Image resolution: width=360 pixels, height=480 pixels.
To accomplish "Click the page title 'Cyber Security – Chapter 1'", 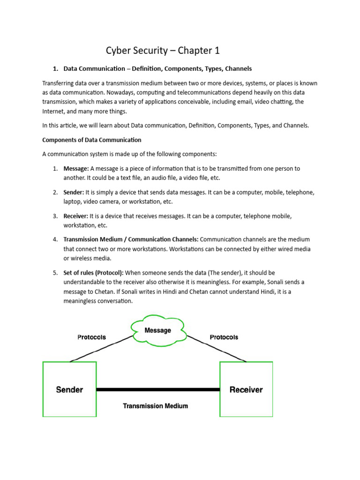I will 163,51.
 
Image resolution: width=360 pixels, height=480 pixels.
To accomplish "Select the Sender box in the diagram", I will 69,389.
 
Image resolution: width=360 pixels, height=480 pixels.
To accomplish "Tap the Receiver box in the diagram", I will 246,389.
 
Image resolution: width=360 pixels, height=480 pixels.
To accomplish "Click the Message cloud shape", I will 157,331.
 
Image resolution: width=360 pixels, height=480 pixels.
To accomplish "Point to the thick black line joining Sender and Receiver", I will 158,390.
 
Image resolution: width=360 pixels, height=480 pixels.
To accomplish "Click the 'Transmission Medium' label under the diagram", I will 155,406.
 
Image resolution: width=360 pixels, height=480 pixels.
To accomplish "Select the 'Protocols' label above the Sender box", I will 91,337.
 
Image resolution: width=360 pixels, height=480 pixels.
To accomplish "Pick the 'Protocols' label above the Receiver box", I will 224,337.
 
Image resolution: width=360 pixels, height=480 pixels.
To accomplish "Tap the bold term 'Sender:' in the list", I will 74,192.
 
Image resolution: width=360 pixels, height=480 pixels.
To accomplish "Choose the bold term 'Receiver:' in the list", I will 75,216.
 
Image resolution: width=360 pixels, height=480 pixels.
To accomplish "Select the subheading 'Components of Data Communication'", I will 91,140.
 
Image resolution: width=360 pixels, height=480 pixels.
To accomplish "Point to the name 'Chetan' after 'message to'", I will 95,292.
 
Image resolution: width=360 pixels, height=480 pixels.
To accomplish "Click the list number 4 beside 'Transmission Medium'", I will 55,240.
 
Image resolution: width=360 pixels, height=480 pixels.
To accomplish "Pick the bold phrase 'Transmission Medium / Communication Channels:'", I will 131,240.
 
